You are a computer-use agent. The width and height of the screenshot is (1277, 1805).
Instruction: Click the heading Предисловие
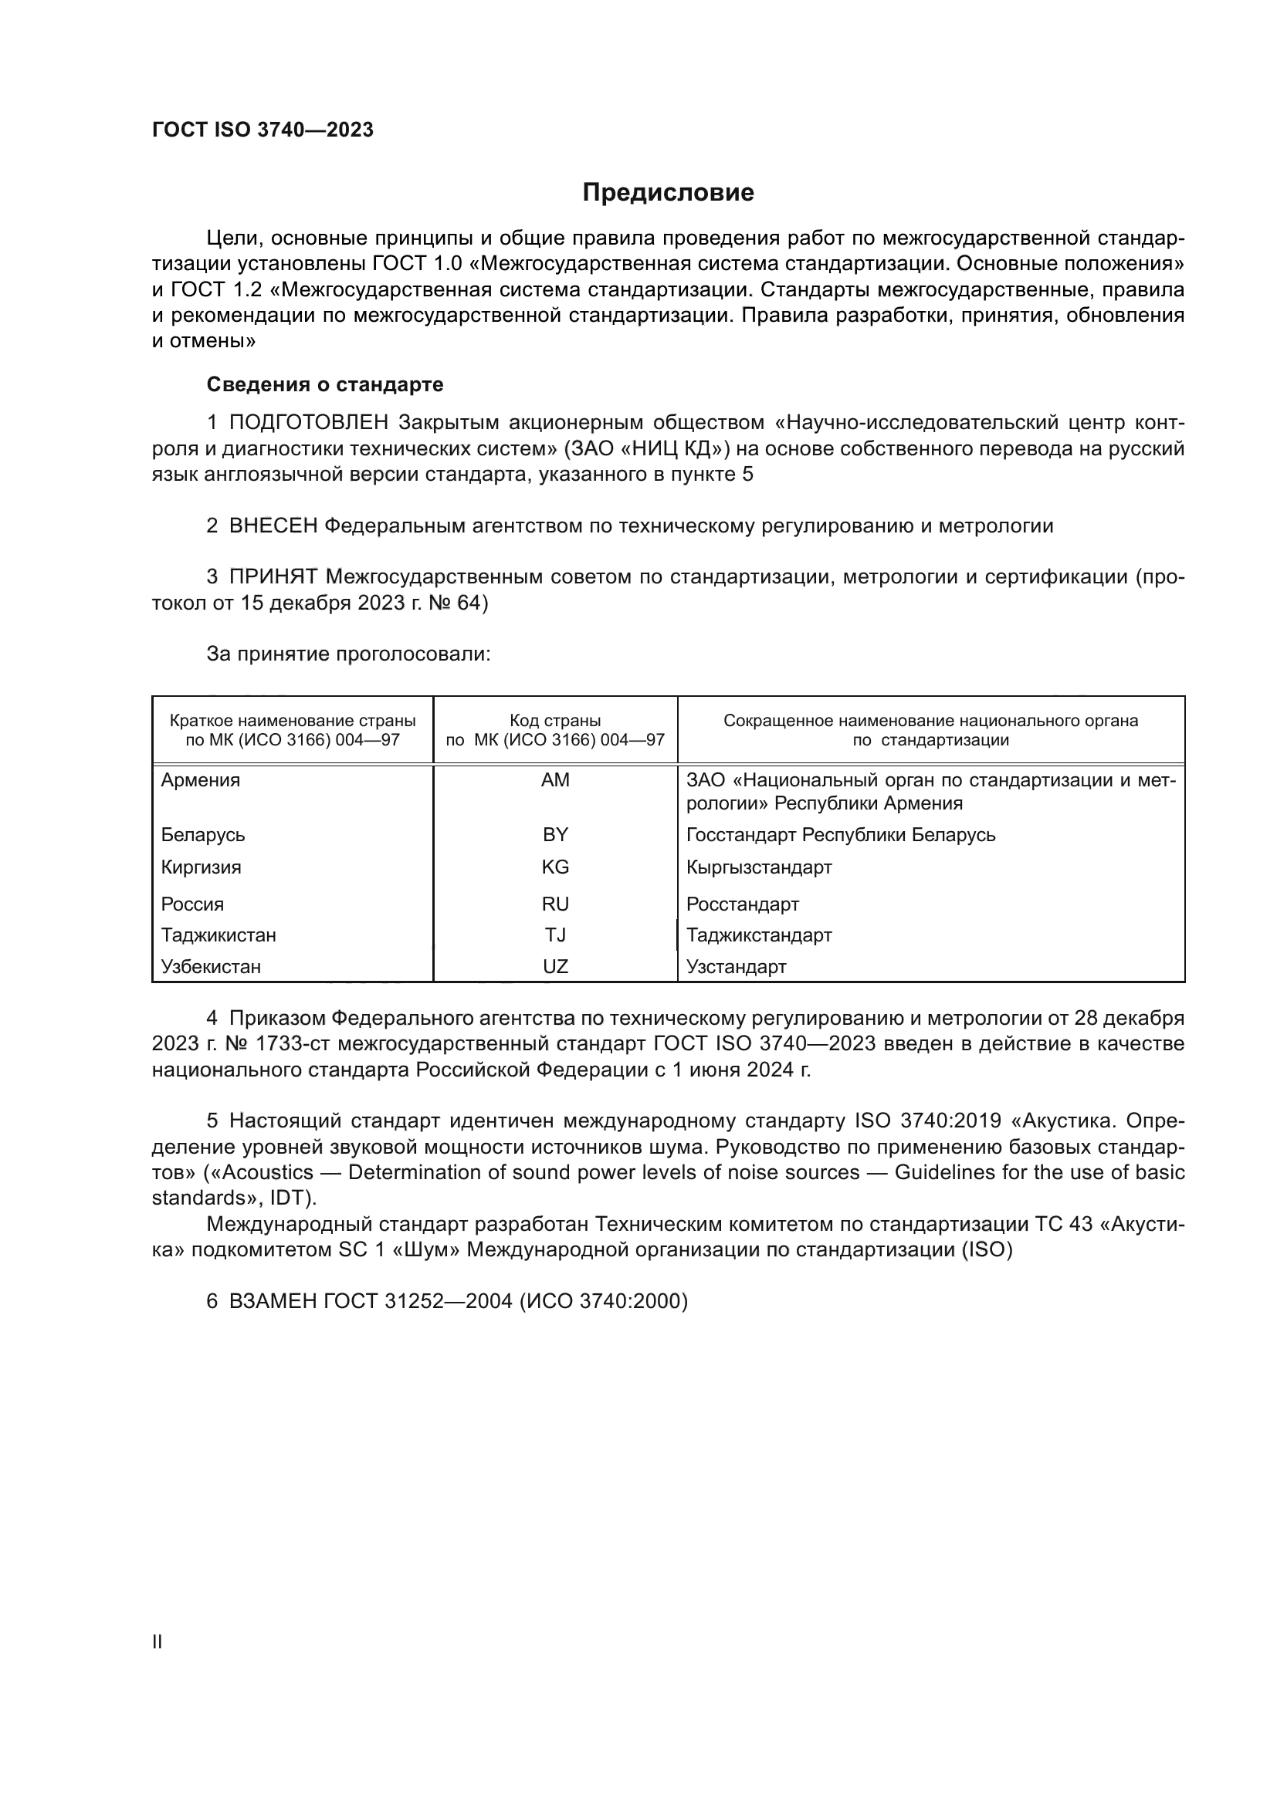pos(668,193)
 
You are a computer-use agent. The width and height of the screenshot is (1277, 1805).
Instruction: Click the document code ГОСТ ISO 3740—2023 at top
pos(263,130)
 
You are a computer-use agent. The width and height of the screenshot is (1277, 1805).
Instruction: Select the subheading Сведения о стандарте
pos(325,384)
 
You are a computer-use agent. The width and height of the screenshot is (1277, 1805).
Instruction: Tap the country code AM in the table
pos(555,781)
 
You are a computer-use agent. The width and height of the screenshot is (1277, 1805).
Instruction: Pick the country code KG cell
pos(555,867)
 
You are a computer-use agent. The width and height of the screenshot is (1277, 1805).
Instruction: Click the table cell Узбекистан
pos(211,966)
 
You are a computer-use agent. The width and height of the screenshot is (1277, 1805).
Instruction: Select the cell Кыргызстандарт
pos(759,867)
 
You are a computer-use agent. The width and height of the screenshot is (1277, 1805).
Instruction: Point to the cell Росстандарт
pos(742,904)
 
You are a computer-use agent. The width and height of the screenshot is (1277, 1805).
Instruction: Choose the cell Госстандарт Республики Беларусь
pos(841,835)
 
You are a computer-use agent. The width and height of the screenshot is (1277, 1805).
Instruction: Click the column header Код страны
pos(555,721)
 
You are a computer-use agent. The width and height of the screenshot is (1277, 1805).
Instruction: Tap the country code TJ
pos(555,935)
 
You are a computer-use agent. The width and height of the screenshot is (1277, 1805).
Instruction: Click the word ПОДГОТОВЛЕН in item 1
pos(309,423)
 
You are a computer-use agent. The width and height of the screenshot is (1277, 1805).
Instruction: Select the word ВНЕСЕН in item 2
pos(273,526)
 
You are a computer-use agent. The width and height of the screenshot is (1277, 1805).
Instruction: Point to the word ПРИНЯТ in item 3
pos(273,577)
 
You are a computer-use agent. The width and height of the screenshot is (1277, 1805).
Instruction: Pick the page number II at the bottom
pos(158,1641)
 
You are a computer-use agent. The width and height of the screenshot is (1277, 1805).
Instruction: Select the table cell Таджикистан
pos(218,935)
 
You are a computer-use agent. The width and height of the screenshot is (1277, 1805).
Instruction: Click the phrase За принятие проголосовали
pos(348,654)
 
